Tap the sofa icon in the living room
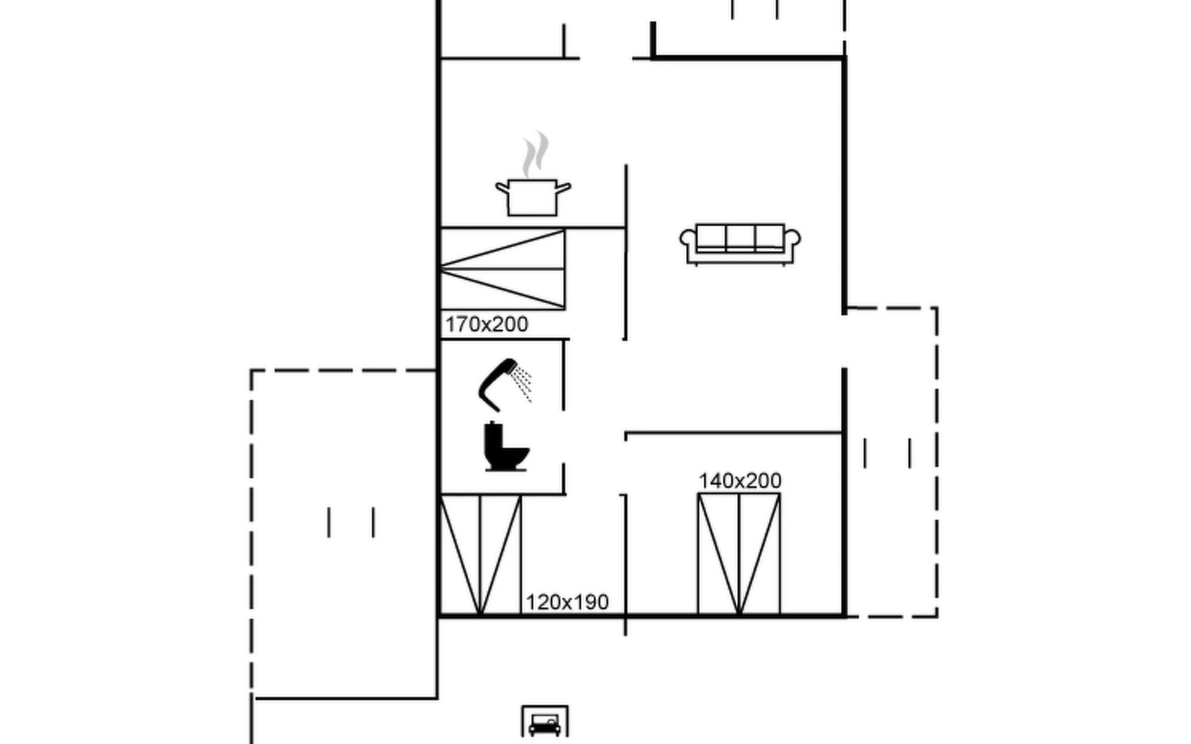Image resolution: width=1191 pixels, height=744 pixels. click(740, 244)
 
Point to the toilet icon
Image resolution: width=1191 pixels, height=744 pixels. click(506, 446)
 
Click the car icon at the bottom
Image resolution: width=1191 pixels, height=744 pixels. click(545, 723)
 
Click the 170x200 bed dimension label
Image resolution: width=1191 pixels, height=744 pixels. click(487, 324)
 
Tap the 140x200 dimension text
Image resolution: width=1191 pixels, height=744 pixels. click(740, 480)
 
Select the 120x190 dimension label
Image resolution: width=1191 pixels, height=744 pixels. click(567, 602)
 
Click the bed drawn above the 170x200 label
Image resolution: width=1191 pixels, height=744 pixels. click(502, 269)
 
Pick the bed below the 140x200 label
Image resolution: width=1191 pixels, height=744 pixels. click(739, 554)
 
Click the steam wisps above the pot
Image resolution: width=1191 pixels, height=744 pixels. click(535, 154)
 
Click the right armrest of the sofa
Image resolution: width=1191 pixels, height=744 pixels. click(792, 242)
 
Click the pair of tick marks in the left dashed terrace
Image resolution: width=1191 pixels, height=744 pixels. click(351, 522)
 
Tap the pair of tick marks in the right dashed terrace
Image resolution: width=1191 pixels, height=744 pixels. click(888, 453)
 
